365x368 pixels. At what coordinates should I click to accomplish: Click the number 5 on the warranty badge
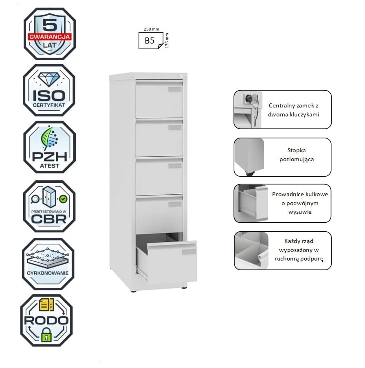[50, 25]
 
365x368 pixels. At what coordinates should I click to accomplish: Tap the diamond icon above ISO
[49, 79]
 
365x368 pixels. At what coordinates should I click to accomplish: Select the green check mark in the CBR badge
[63, 199]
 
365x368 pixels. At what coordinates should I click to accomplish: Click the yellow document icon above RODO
[46, 304]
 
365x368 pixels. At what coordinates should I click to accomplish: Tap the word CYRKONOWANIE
[48, 273]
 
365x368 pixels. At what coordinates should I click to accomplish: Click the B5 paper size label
[150, 41]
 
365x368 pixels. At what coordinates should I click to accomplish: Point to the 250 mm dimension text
[151, 29]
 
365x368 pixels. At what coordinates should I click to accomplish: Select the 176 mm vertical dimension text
[167, 41]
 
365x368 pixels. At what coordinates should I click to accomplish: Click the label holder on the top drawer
[175, 89]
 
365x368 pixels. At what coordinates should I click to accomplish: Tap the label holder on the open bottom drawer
[189, 252]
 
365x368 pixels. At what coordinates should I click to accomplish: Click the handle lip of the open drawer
[172, 245]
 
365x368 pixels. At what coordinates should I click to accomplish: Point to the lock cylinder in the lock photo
[249, 99]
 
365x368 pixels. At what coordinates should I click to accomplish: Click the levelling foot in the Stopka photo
[249, 174]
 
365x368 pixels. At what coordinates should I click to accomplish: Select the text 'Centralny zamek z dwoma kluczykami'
[293, 110]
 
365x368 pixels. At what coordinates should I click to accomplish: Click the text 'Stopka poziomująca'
[297, 155]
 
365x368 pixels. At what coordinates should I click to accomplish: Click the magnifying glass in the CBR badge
[35, 199]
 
